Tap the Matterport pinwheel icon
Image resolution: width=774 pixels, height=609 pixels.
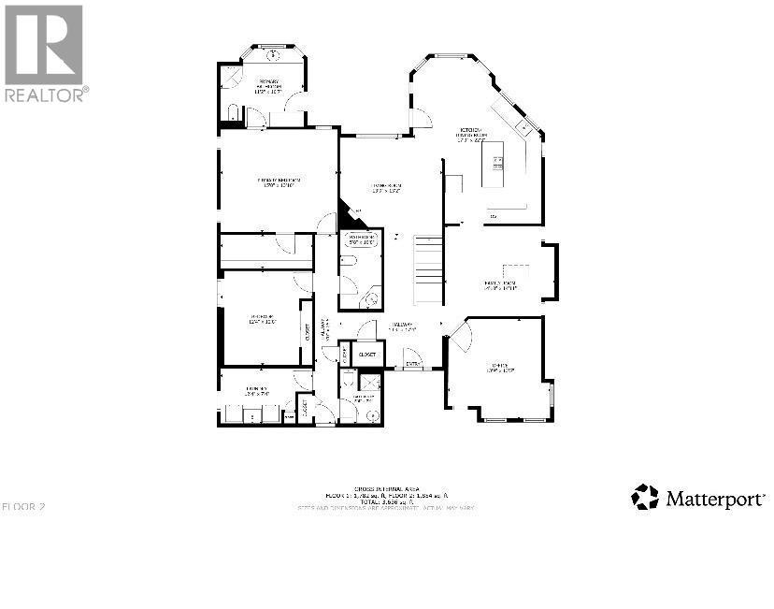coord(645,497)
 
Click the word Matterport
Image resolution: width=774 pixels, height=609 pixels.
coord(715,498)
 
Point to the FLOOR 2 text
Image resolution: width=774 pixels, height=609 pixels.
coord(23,506)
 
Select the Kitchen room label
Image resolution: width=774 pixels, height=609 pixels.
coord(472,133)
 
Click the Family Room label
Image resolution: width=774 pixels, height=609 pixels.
coord(501,285)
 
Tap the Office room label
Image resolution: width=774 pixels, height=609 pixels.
coord(495,368)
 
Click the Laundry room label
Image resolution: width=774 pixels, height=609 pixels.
coord(257,390)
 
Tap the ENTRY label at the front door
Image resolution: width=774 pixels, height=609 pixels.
coord(412,363)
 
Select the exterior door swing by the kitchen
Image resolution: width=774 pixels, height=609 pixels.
coord(422,118)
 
